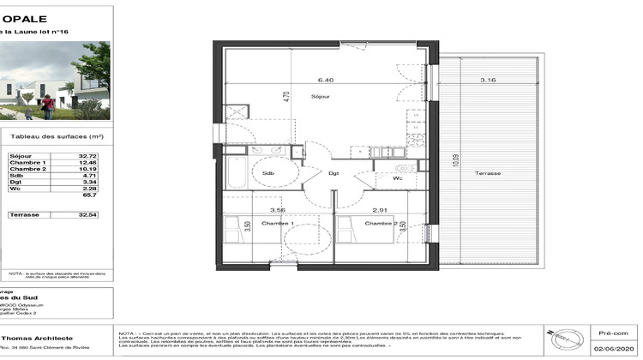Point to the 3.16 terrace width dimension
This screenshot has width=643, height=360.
488,80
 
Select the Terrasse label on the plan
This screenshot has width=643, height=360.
489,173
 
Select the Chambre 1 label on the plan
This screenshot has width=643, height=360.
280,224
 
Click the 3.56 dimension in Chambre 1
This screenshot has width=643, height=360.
277,209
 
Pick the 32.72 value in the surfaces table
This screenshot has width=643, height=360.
82,156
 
